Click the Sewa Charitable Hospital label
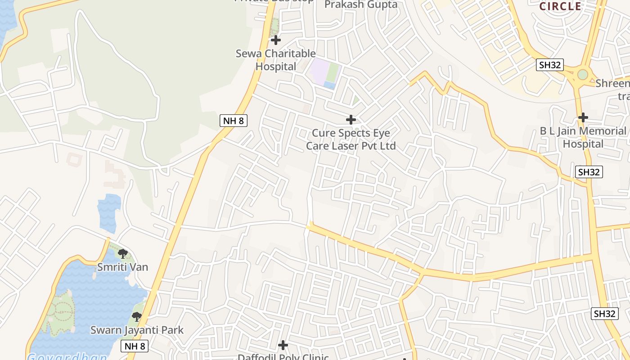click(x=275, y=60)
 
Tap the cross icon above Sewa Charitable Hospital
click(x=276, y=40)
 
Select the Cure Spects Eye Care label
click(x=351, y=139)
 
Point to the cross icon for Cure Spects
click(x=351, y=120)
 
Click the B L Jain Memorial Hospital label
click(x=583, y=137)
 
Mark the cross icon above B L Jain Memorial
click(x=583, y=117)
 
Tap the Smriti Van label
click(x=123, y=267)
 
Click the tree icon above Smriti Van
click(x=122, y=253)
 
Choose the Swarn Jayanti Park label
click(x=137, y=330)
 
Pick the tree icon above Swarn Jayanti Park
click(x=137, y=317)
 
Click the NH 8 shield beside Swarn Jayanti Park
click(x=135, y=346)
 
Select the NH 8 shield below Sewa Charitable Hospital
click(x=234, y=121)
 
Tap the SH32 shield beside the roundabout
click(x=550, y=65)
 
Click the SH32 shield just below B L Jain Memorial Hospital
click(x=589, y=172)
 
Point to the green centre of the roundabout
click(x=583, y=74)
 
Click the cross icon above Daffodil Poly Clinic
click(x=283, y=345)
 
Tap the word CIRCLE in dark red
click(x=561, y=6)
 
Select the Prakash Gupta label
click(x=361, y=4)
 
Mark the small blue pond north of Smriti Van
click(x=109, y=212)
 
